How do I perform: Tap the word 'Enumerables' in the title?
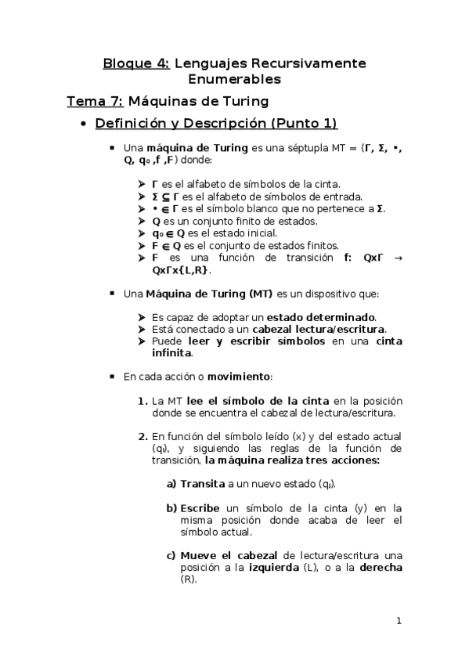234,79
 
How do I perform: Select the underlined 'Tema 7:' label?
93,101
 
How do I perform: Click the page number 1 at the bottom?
399,622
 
